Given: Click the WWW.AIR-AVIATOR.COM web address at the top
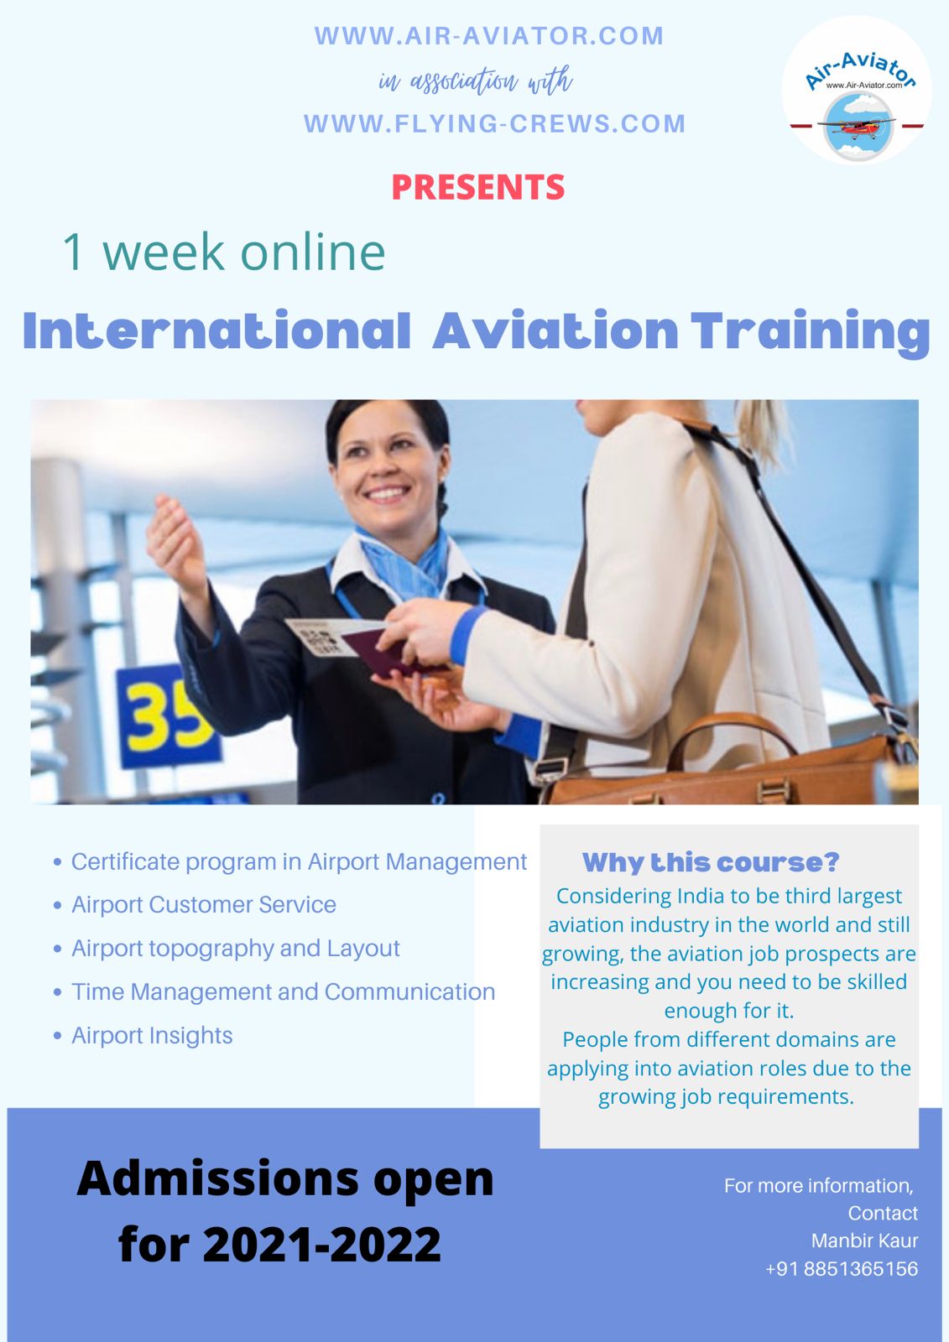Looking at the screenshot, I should [488, 36].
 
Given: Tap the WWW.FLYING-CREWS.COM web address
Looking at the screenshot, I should [494, 124].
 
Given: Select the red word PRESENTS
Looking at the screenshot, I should [477, 187].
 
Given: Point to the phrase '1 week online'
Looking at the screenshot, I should [223, 252].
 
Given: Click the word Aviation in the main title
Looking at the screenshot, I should [555, 330].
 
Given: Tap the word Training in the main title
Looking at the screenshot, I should [811, 332].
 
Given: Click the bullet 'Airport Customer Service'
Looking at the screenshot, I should [203, 904].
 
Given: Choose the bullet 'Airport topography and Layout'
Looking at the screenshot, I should [235, 948].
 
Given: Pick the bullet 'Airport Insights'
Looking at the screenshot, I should [152, 1035].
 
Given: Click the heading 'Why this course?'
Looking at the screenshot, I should [711, 862].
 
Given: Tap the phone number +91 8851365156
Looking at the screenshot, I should [841, 1268].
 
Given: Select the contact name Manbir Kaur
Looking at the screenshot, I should [864, 1241].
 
